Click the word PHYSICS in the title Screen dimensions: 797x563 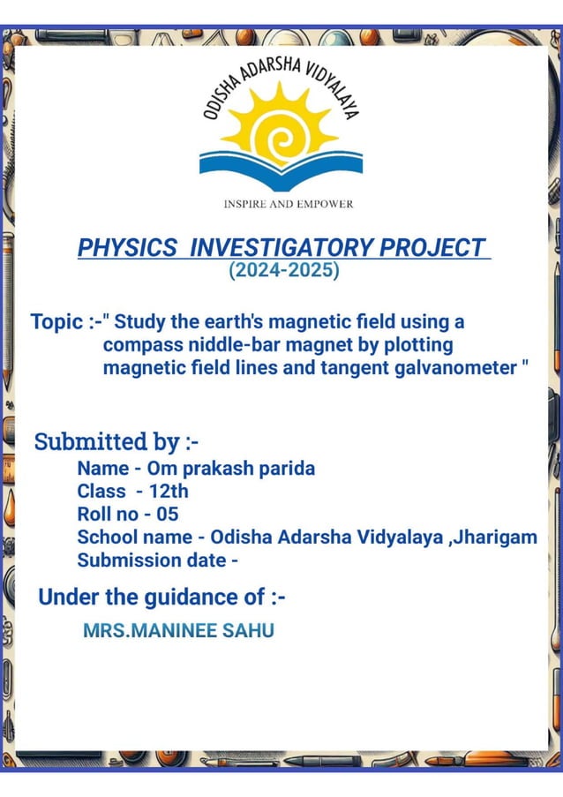click(127, 248)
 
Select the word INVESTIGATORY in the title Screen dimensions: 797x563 click(281, 248)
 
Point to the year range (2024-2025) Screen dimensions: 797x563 click(283, 270)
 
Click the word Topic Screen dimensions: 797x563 click(56, 321)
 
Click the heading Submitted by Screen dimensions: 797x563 click(116, 441)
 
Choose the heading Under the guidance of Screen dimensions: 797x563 click(161, 598)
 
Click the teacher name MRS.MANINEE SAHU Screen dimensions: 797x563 click(178, 631)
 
